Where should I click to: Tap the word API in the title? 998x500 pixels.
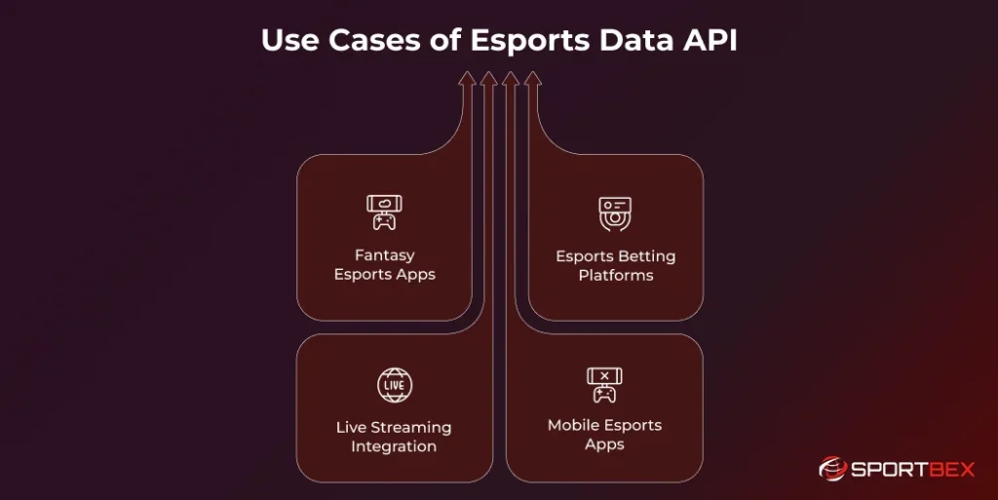711,41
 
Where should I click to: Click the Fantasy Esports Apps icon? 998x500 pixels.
385,212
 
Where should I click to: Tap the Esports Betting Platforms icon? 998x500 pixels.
615,213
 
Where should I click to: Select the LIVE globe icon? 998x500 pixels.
394,385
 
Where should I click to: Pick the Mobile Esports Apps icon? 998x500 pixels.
604,385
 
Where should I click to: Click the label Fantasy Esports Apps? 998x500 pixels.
385,264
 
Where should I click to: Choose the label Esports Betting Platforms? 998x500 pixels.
615,265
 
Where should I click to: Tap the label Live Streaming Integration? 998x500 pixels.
394,437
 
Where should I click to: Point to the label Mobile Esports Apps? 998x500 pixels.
604,435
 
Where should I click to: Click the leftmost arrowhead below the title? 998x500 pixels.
467,78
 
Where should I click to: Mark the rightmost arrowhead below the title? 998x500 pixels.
532,78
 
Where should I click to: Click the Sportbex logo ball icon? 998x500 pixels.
831,469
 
